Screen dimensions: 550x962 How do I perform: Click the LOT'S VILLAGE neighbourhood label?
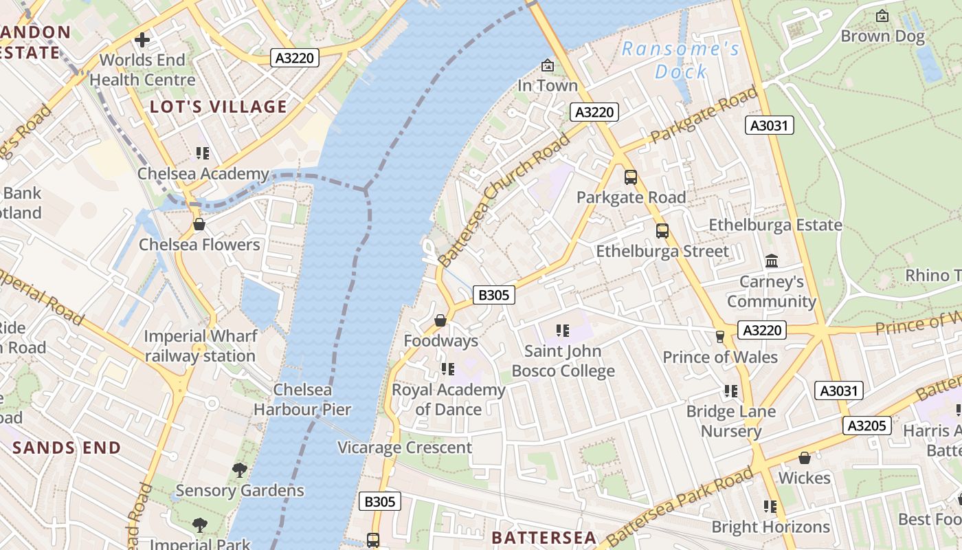tap(219, 107)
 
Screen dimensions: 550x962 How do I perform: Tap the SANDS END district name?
tap(67, 448)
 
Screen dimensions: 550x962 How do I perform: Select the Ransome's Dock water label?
tap(680, 60)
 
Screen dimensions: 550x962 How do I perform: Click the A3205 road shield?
tap(866, 426)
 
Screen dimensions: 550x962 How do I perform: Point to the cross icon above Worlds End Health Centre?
tap(142, 40)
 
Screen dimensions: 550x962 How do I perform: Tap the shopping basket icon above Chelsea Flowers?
tap(199, 225)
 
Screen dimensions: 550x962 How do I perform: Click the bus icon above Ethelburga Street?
tap(662, 231)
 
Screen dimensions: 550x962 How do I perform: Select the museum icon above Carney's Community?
tap(772, 261)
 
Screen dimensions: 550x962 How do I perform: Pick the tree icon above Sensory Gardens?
tap(239, 470)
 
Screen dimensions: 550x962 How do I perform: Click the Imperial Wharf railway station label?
tap(200, 346)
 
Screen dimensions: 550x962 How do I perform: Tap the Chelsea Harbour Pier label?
tap(302, 399)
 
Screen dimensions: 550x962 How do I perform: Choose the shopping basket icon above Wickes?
tap(804, 458)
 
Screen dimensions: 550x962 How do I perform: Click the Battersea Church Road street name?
tap(504, 199)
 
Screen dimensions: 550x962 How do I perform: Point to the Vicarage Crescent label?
tap(405, 448)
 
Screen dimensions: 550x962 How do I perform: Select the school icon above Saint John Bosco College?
tap(563, 331)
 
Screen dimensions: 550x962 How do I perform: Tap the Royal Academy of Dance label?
tap(448, 399)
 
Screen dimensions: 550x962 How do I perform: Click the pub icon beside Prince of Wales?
tap(720, 336)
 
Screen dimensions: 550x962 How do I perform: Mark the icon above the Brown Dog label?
tap(882, 16)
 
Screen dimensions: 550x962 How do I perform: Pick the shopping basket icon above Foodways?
tap(440, 320)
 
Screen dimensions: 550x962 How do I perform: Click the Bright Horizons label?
tap(770, 527)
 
